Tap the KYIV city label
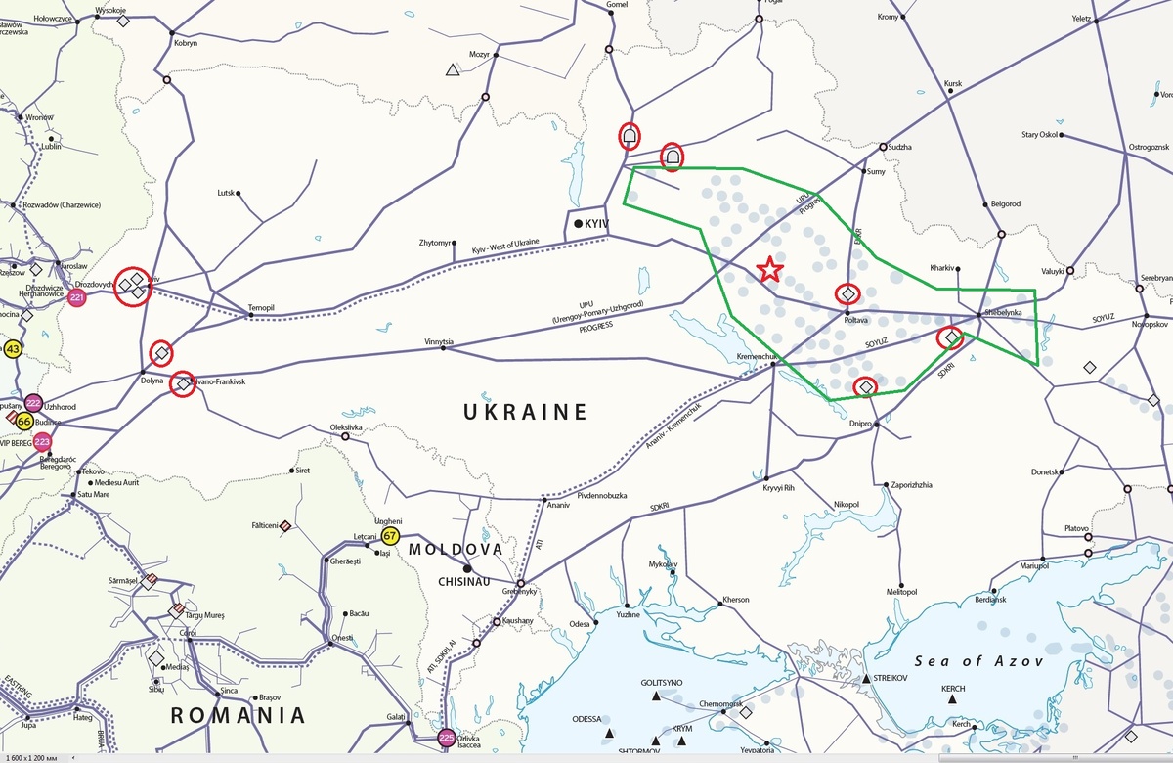[x=597, y=225]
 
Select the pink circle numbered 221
[x=77, y=296]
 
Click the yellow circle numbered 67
[x=391, y=536]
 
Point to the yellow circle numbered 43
[x=13, y=349]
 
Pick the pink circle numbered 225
[x=447, y=738]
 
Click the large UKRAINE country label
[x=525, y=412]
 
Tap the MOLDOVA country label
[x=456, y=550]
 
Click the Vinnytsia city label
[x=439, y=342]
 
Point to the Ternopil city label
[x=261, y=307]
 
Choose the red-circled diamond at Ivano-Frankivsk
[x=183, y=384]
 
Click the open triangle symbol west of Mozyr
[x=453, y=69]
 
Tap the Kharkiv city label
[x=942, y=267]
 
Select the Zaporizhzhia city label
[x=910, y=485]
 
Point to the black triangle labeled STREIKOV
[x=866, y=679]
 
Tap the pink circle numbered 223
[x=42, y=442]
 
